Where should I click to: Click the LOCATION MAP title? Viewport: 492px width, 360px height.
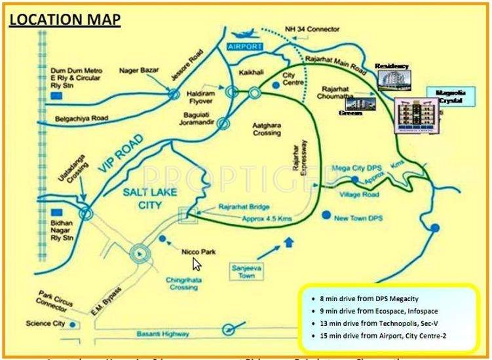pos(64,20)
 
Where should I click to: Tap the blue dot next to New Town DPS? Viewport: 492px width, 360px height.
pos(326,215)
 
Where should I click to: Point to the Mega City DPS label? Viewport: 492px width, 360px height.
pos(354,167)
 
